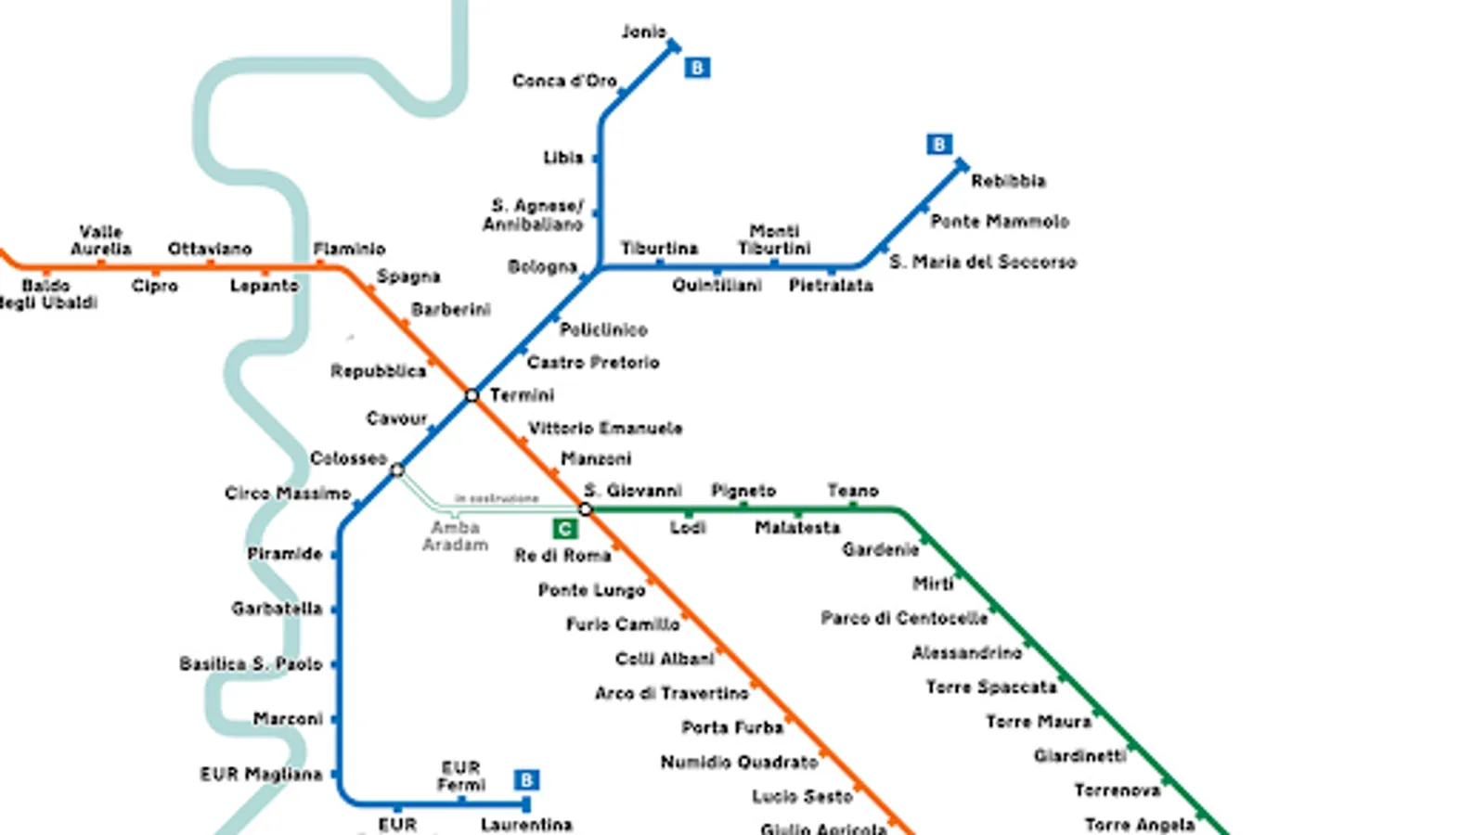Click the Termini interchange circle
pyautogui.click(x=472, y=395)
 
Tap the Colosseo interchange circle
pyautogui.click(x=397, y=469)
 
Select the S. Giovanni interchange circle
pyautogui.click(x=585, y=509)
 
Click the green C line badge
pyautogui.click(x=564, y=529)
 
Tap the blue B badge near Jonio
pyautogui.click(x=697, y=68)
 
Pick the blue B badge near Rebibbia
pyautogui.click(x=939, y=145)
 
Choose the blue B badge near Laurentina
pyautogui.click(x=526, y=780)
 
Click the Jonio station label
pyautogui.click(x=643, y=32)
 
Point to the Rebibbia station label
pyautogui.click(x=1008, y=181)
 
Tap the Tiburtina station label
pyautogui.click(x=659, y=249)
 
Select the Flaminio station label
pyautogui.click(x=349, y=249)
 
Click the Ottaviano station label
pyautogui.click(x=210, y=249)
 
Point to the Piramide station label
pyautogui.click(x=285, y=554)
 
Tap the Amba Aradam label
pyautogui.click(x=455, y=536)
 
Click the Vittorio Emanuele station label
pyautogui.click(x=605, y=428)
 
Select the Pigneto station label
pyautogui.click(x=743, y=491)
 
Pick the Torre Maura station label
pyautogui.click(x=1039, y=721)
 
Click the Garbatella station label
pyautogui.click(x=277, y=609)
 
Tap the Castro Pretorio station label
pyautogui.click(x=593, y=362)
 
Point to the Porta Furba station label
pyautogui.click(x=732, y=727)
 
